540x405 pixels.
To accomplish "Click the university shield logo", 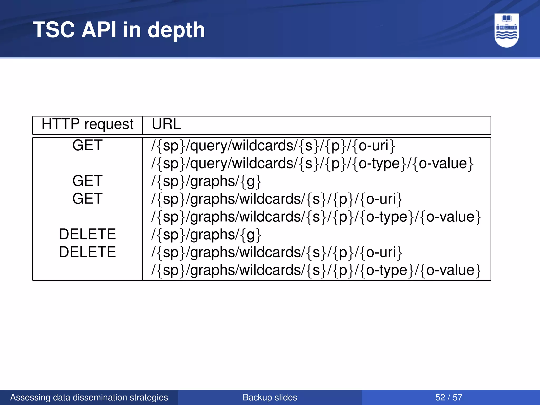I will point(507,30).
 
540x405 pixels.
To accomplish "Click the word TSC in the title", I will point(54,30).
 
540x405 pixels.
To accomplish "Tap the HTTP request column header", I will point(87,124).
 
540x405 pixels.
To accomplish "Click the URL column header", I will point(166,124).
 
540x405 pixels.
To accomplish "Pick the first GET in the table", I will point(87,145).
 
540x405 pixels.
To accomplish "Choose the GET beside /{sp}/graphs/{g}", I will point(87,181).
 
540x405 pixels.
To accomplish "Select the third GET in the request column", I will point(87,199).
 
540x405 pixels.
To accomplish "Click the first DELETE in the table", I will point(87,234).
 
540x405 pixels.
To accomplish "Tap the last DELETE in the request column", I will point(87,252).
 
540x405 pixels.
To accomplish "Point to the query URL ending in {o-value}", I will point(312,163).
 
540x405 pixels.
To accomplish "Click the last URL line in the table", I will point(316,270).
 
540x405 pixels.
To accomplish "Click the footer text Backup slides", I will point(270,397).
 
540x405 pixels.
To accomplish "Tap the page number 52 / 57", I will point(449,397).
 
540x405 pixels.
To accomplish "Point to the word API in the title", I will point(99,30).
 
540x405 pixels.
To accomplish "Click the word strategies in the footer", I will point(153,397).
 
